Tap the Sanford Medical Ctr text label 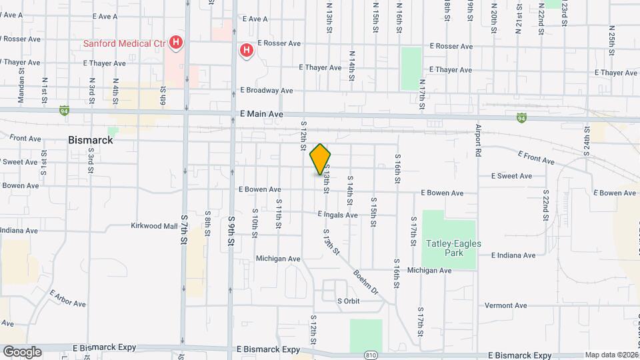[x=123, y=44]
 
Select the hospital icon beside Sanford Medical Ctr [x=175, y=44]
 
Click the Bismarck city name [x=91, y=141]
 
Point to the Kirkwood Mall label [x=153, y=226]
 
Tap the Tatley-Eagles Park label [x=453, y=249]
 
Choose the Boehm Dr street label [x=366, y=282]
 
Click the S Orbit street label [x=348, y=301]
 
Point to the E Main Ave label [x=261, y=115]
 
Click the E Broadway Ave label [x=267, y=90]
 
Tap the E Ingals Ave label [x=337, y=215]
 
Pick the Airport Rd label [x=478, y=139]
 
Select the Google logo [x=22, y=352]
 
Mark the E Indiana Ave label [x=513, y=255]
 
